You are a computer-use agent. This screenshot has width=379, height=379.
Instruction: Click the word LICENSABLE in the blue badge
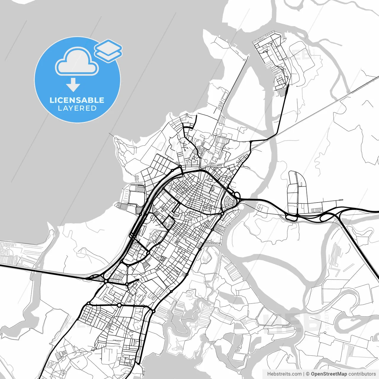pyautogui.click(x=77, y=100)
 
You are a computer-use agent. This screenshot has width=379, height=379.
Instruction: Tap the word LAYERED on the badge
pyautogui.click(x=77, y=108)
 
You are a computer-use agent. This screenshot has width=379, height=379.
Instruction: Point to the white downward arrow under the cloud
pyautogui.click(x=73, y=85)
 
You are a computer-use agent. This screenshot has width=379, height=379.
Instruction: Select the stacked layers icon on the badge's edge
pyautogui.click(x=108, y=50)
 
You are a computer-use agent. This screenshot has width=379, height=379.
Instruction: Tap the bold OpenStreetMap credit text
pyautogui.click(x=329, y=374)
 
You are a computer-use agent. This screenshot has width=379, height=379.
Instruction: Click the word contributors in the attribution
pyautogui.click(x=362, y=374)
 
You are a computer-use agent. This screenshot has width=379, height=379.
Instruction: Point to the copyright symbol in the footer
pyautogui.click(x=308, y=374)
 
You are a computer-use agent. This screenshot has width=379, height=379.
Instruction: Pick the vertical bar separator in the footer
pyautogui.click(x=304, y=374)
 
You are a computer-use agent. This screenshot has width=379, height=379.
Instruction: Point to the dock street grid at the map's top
pyautogui.click(x=271, y=59)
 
